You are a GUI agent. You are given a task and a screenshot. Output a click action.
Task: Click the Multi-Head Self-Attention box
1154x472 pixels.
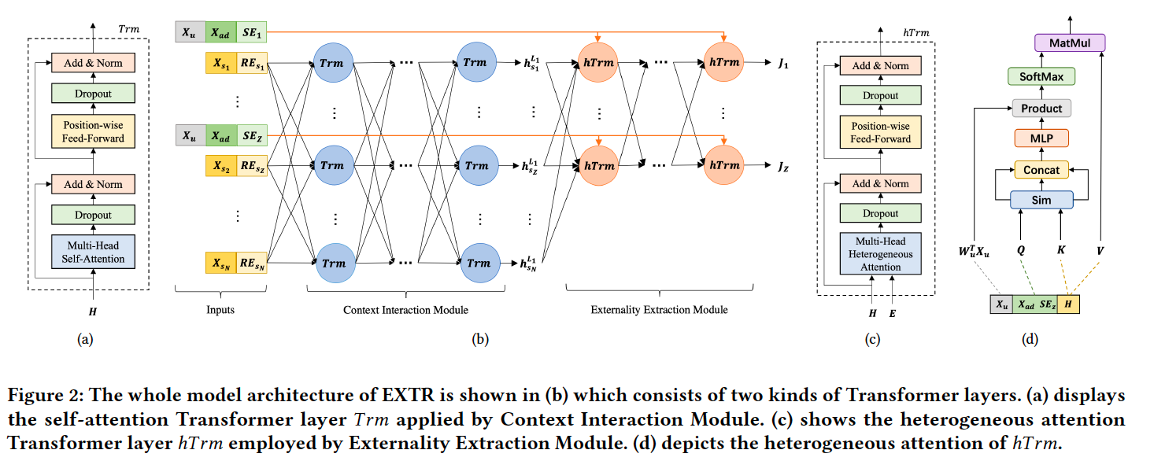(x=93, y=252)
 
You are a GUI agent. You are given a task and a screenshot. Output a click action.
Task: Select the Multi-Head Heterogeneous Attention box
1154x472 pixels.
(x=880, y=253)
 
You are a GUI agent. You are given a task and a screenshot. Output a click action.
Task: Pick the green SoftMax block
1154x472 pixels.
(x=1041, y=76)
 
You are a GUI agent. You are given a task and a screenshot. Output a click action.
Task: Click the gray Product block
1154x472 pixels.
(x=1041, y=109)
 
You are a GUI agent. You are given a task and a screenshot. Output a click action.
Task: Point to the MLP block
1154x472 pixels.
(x=1041, y=139)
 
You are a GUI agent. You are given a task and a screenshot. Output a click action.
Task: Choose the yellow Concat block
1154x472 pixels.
(x=1041, y=170)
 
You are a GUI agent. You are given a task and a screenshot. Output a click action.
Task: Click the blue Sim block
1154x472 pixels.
(x=1041, y=201)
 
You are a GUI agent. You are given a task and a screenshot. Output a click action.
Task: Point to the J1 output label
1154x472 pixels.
(x=782, y=64)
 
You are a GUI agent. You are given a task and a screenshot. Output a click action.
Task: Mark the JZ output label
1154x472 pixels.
(x=782, y=166)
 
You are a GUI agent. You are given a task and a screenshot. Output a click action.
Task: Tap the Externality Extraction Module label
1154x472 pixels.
(x=659, y=310)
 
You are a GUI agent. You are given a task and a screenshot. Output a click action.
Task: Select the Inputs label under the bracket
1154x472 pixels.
(x=220, y=310)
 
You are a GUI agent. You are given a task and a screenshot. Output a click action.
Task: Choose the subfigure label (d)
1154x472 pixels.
(x=1030, y=340)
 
